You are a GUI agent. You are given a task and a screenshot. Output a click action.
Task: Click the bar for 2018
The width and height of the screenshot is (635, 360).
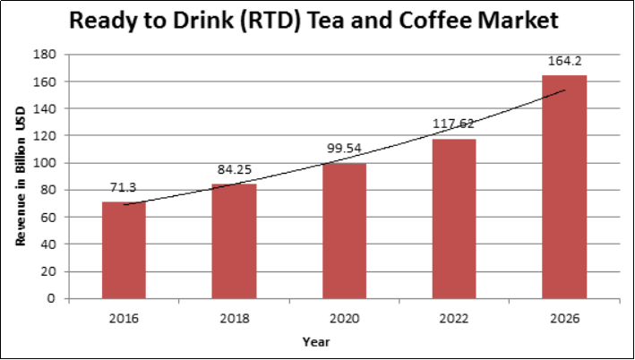point(233,242)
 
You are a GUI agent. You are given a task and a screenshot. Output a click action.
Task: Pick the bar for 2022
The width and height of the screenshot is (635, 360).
point(454,219)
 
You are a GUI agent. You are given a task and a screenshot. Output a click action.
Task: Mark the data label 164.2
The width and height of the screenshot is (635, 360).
point(564,62)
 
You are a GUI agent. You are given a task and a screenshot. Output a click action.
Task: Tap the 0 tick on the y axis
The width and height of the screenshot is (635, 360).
point(55,298)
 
